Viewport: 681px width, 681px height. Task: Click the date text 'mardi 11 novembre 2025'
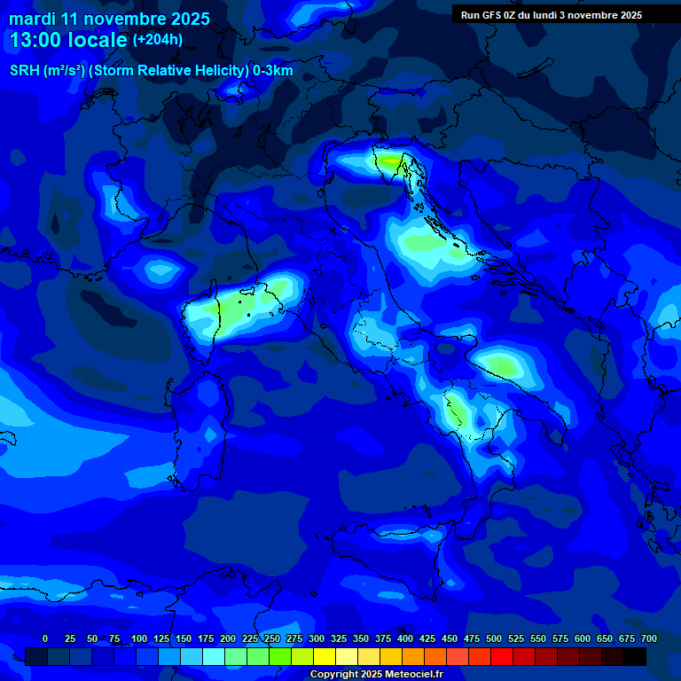[x=109, y=19]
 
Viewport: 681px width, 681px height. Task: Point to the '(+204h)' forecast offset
[x=158, y=40]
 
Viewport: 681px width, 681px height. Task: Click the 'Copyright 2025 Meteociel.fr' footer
[x=376, y=675]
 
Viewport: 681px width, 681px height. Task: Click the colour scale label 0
[x=45, y=638]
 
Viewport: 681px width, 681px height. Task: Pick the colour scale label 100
[x=139, y=638]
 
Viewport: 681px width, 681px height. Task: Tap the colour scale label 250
[x=272, y=638]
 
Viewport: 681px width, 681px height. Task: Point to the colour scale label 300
[x=317, y=638]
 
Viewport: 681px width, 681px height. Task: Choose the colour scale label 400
[x=405, y=638]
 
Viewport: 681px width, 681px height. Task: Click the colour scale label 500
[x=494, y=638]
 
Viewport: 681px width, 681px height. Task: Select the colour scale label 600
[x=583, y=638]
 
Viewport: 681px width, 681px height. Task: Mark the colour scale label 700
[x=649, y=638]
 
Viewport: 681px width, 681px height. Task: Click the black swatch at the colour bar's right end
[x=635, y=657]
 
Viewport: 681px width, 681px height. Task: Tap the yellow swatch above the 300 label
[x=325, y=657]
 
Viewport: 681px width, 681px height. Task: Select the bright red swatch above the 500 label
[x=502, y=657]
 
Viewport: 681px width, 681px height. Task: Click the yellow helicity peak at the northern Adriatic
[x=390, y=160]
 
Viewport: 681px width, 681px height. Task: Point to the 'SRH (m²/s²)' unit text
[x=46, y=71]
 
